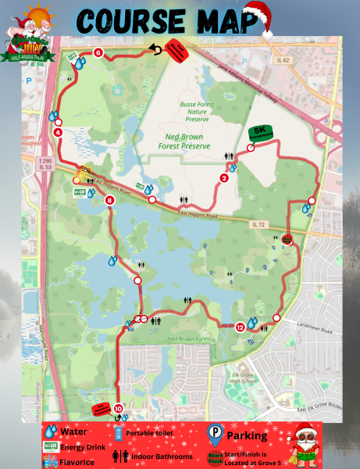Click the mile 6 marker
point(98,53)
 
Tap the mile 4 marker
point(59,132)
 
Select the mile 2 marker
point(225,177)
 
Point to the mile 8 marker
point(109,201)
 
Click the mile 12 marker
point(240,328)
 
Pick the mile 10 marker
point(119,408)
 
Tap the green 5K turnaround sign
point(260,132)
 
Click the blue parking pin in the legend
point(214,434)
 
